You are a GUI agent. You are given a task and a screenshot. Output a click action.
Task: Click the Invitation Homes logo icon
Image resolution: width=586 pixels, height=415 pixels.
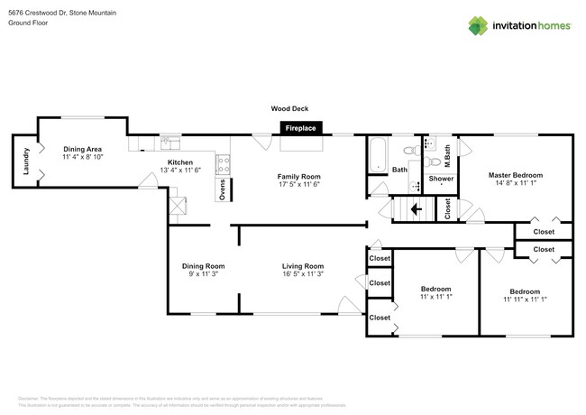pos(478,25)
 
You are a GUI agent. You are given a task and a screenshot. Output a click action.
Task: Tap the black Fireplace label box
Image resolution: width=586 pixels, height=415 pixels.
pos(301,129)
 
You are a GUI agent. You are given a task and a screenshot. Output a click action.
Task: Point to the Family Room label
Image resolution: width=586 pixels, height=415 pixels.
pos(298,176)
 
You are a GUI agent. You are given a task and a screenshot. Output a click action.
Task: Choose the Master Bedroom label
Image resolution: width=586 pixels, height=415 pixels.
pos(516,174)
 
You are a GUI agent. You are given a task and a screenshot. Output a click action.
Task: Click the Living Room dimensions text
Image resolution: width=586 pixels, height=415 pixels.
pos(302,274)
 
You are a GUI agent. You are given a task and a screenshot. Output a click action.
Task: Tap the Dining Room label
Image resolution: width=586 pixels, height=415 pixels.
pos(203,266)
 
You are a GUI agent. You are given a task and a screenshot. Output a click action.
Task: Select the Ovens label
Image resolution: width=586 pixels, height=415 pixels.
pos(222,189)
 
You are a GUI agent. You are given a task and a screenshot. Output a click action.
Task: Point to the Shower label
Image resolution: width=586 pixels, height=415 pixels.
pos(441,179)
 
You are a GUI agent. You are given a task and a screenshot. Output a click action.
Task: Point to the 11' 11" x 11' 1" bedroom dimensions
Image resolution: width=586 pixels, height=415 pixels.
pos(525,300)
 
